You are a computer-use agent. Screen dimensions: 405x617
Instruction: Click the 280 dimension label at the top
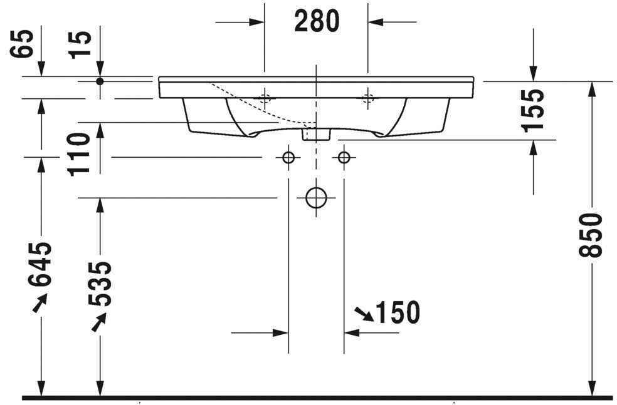[x=317, y=21]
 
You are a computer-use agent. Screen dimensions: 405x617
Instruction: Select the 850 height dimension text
[x=591, y=234]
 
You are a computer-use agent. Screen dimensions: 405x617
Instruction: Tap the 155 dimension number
[x=532, y=110]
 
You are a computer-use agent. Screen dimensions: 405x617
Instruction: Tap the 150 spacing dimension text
[x=397, y=312]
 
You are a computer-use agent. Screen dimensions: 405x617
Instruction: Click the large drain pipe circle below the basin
[x=317, y=197]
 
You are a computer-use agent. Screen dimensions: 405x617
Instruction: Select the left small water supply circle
[x=288, y=157]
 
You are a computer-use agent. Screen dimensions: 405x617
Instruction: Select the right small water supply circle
[x=344, y=157]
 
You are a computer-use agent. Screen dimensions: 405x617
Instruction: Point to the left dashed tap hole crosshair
[x=265, y=97]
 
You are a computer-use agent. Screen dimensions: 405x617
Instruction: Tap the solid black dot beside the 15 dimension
[x=100, y=81]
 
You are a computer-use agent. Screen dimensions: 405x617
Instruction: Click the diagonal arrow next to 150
[x=364, y=314]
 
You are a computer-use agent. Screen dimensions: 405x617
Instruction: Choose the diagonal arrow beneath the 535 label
[x=98, y=322]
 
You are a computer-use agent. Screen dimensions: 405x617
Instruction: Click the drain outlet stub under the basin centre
[x=317, y=133]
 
